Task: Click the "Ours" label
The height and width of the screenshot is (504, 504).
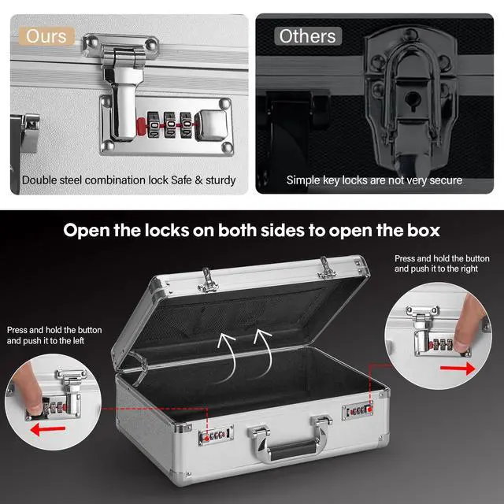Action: [46, 36]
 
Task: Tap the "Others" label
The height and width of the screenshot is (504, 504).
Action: [307, 36]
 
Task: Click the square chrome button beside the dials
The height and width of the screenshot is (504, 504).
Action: [211, 124]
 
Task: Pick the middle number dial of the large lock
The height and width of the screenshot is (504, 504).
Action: [170, 124]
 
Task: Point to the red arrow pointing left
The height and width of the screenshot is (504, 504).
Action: [47, 429]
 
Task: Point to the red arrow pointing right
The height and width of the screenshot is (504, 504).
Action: [458, 369]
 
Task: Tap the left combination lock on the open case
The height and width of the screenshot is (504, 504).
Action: [216, 435]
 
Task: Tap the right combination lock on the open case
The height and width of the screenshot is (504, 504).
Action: [358, 410]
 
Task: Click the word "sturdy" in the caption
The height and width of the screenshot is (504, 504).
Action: [220, 180]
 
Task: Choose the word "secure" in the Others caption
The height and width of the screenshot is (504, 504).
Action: [446, 180]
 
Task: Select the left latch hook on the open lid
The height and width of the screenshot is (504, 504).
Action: [208, 281]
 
